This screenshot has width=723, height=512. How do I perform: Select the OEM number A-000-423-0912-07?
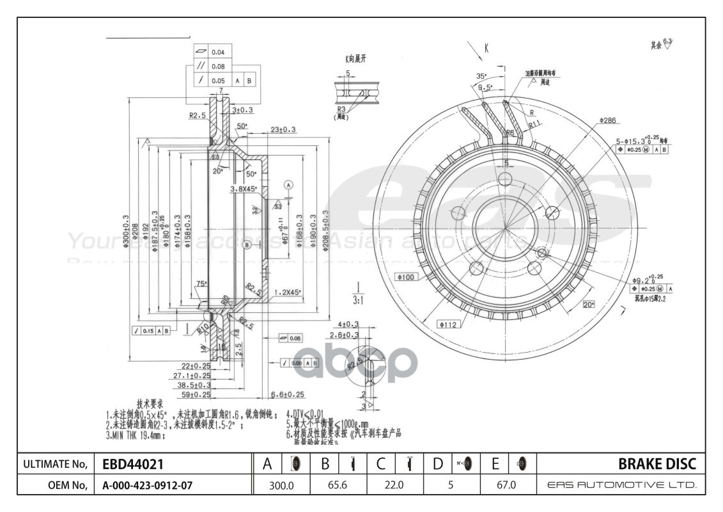point(148,486)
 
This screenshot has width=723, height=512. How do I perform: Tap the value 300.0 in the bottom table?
point(281,486)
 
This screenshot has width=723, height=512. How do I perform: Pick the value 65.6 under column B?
point(337,486)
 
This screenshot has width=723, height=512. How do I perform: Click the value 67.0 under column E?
point(506,486)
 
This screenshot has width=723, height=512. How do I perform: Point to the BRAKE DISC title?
point(657,464)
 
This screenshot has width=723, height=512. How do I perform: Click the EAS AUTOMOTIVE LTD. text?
point(621,486)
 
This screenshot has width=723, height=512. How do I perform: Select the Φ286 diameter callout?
point(607,120)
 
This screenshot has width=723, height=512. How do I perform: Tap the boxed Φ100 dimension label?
point(406,278)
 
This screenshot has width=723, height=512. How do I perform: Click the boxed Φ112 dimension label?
point(448,324)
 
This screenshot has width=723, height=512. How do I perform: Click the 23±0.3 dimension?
point(283,130)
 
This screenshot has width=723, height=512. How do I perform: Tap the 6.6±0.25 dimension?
point(288,395)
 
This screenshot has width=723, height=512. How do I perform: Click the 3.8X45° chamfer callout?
point(244,189)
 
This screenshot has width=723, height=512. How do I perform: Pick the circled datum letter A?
point(288,185)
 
